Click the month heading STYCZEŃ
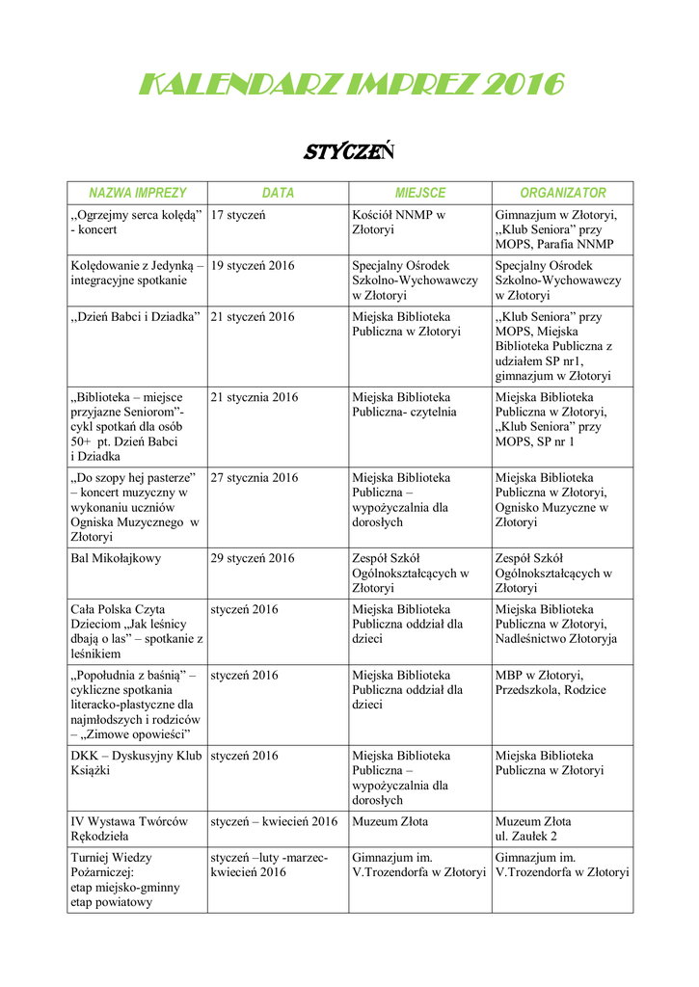pos(350,152)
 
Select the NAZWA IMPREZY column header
pos(137,193)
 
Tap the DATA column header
pos(278,193)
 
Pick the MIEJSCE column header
pos(420,193)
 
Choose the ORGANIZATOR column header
pos(563,193)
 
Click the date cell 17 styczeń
pos(238,215)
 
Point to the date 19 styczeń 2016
pos(253,265)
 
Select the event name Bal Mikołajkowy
pos(116,558)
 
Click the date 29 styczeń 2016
pos(253,558)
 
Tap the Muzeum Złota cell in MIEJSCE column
pos(390,821)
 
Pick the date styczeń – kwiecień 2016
pos(274,821)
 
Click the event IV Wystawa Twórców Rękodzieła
pos(129,828)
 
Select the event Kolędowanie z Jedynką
pos(136,272)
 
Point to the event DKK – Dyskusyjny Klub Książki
pos(136,762)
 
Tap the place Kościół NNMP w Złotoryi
pos(398,223)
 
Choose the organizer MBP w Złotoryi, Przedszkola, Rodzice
pos(551,681)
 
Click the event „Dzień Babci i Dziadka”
pos(135,316)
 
